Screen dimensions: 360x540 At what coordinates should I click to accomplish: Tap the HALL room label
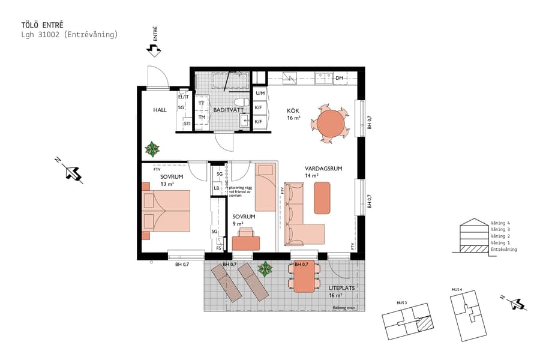click(160, 110)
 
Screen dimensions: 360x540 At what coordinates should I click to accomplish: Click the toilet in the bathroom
click(241, 102)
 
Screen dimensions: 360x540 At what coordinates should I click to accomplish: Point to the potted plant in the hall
click(152, 148)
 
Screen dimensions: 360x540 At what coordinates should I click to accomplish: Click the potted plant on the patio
click(265, 269)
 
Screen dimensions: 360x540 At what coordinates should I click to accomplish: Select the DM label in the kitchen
click(340, 78)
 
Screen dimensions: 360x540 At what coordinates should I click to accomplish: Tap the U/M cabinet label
click(260, 93)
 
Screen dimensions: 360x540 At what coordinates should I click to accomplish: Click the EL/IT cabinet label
click(184, 97)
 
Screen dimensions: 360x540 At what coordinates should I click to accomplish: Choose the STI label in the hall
click(187, 124)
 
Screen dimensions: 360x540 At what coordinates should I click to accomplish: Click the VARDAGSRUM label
click(323, 169)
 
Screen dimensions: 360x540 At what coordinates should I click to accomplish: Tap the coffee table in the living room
click(322, 197)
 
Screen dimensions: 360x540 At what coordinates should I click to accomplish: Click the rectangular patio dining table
click(304, 278)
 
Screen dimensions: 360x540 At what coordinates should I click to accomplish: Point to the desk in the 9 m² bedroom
click(246, 242)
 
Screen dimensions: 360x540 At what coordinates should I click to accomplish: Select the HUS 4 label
click(457, 289)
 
